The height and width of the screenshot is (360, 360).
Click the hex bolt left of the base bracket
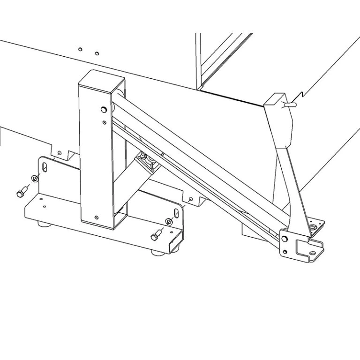coord(21,192)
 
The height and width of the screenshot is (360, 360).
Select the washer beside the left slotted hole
coord(34,178)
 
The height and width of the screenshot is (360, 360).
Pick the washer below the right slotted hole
coord(169,221)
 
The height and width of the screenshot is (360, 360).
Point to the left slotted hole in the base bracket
coord(44,166)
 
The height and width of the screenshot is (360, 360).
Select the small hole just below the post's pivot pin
coord(105,122)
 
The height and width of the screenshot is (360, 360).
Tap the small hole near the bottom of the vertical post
coord(96,217)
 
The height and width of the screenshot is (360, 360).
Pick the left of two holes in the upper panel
coord(81,49)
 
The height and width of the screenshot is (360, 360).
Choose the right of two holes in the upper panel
coord(97,52)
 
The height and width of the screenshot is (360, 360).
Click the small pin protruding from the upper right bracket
coord(291,105)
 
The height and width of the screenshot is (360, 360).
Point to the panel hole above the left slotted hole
coord(59,152)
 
